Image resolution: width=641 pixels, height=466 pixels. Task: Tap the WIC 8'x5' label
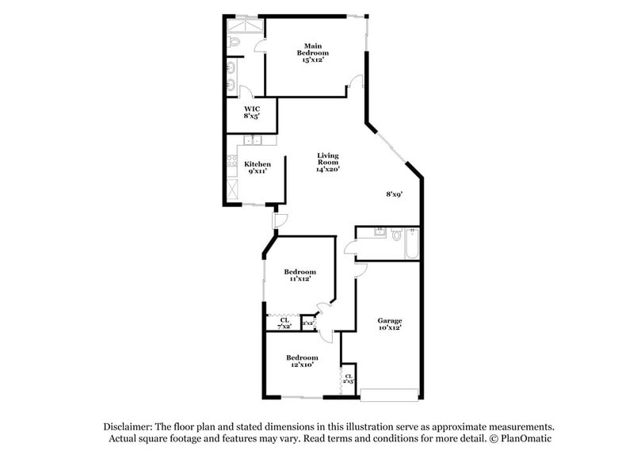[252, 112]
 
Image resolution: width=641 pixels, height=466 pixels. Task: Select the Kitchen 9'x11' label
[257, 168]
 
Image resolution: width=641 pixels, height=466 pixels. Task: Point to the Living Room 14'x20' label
[327, 162]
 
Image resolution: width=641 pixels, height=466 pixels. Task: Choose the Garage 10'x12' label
[389, 323]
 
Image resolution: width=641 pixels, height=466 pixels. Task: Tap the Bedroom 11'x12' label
[300, 275]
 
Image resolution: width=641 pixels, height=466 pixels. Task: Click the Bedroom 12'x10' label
[302, 361]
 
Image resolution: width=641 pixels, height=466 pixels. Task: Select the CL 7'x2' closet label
[284, 323]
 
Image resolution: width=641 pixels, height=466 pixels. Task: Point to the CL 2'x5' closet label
[349, 378]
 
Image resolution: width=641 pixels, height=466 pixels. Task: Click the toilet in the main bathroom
[233, 41]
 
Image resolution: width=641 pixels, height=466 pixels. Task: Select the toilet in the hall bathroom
[396, 235]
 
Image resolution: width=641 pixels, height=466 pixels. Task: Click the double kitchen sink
[254, 141]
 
